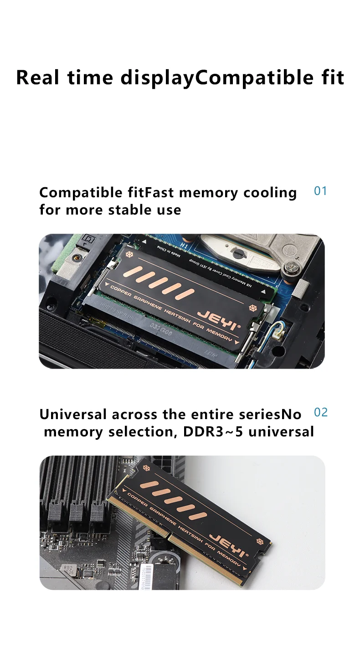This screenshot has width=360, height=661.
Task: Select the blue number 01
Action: (321, 191)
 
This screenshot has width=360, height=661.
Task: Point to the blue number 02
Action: (321, 413)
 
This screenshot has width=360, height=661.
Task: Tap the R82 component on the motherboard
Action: (69, 569)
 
